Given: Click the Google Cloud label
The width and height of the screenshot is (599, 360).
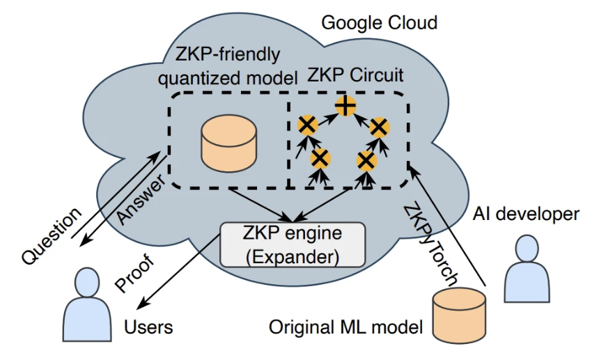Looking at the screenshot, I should pyautogui.click(x=379, y=23).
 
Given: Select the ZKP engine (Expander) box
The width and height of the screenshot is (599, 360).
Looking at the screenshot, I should pyautogui.click(x=292, y=244).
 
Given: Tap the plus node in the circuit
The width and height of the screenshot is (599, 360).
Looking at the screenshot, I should pyautogui.click(x=345, y=107).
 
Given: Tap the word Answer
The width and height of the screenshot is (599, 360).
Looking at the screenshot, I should pyautogui.click(x=142, y=198).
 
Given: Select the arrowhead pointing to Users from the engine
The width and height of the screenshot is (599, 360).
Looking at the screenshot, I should pyautogui.click(x=140, y=306).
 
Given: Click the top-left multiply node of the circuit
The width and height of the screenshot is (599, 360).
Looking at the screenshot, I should pyautogui.click(x=306, y=126).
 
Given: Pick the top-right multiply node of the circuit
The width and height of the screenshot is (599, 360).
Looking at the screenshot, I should pyautogui.click(x=378, y=127).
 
